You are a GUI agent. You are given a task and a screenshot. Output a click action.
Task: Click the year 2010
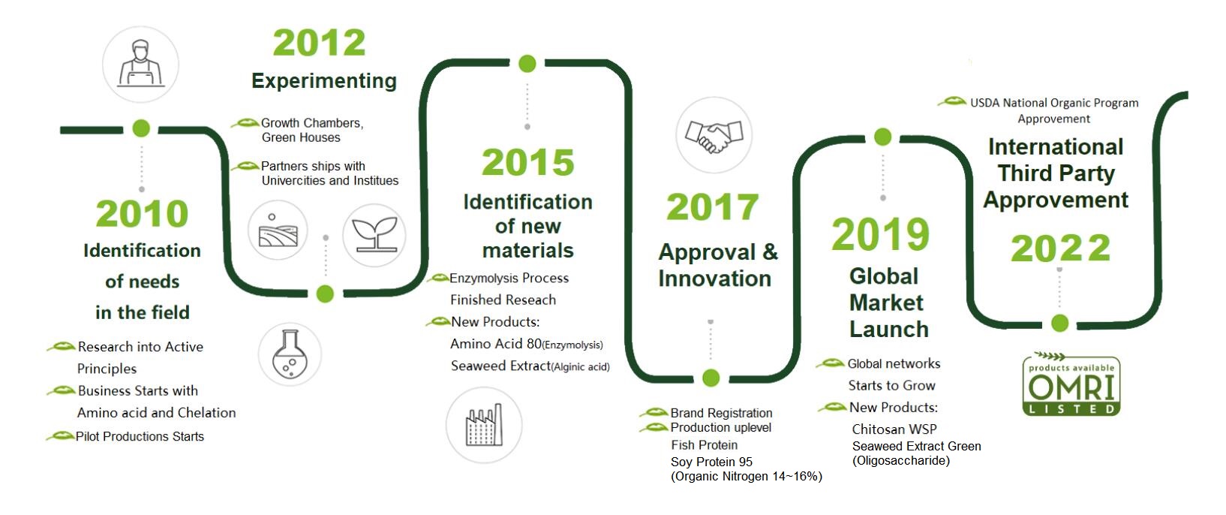pos(142,214)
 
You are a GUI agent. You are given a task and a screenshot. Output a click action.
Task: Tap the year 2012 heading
pos(319,43)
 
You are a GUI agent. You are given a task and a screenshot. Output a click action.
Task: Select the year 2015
pos(527,163)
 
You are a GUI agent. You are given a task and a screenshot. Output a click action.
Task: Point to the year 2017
pos(712,207)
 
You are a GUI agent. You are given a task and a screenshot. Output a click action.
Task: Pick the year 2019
pos(880,234)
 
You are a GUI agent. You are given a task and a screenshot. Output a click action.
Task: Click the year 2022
pos(1060,248)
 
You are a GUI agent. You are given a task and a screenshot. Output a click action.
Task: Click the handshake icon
pos(714,135)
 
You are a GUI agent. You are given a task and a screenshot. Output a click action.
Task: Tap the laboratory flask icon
pos(290,354)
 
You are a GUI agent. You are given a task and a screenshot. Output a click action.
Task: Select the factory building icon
pos(484,425)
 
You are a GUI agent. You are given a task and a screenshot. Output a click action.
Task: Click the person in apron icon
pos(140,64)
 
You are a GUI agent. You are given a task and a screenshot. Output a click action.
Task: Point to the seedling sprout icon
pos(374,236)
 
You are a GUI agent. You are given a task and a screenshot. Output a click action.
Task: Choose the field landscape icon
pos(278,230)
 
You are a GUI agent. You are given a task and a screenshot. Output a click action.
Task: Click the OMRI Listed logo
pos(1071,384)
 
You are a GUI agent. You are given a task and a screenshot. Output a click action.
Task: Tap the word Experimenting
pos(324,81)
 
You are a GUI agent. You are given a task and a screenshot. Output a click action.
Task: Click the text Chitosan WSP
pos(894,429)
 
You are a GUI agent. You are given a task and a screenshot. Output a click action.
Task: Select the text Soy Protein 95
pos(711,462)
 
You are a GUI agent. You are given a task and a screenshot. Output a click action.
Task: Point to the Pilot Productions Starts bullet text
pos(140,437)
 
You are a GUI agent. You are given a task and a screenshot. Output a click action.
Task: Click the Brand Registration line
pos(721,413)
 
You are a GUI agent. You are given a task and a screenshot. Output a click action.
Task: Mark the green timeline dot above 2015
pos(527,64)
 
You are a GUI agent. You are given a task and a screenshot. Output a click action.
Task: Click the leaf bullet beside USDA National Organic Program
pos(952,101)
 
